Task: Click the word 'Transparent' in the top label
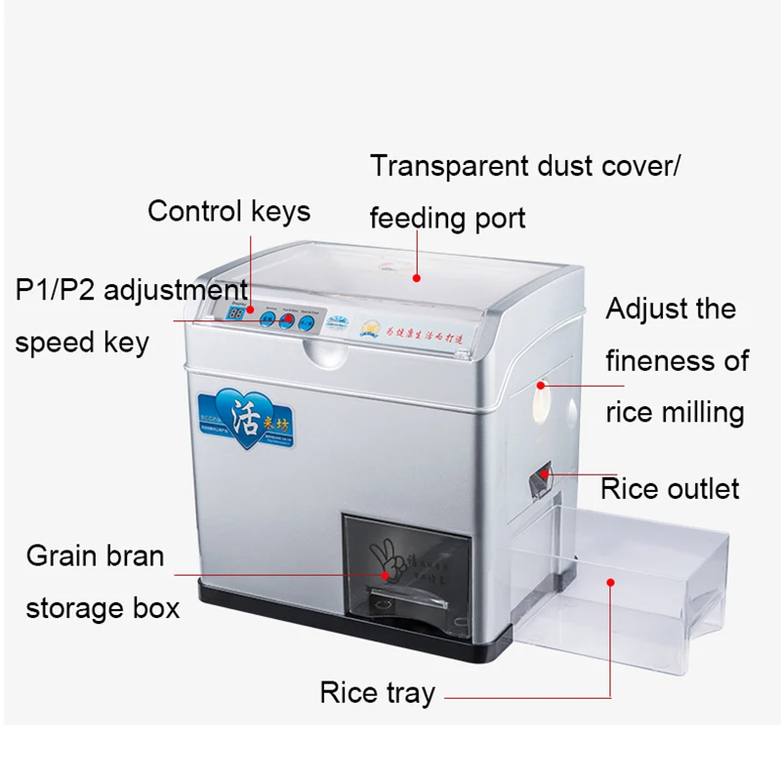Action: pos(449,165)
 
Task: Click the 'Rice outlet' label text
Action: pos(670,487)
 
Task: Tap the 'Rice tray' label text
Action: pos(377,693)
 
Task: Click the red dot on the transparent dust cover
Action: pos(417,277)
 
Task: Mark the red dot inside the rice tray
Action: pos(611,582)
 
